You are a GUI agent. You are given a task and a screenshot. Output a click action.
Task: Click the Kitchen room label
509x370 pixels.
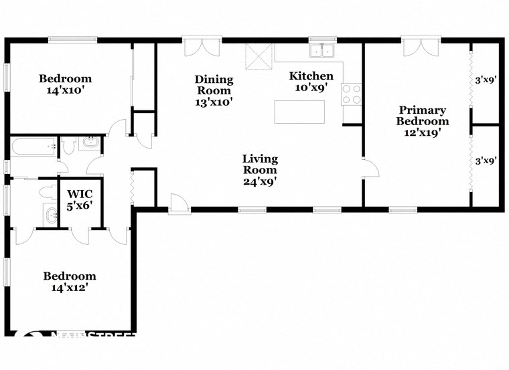(x=311, y=76)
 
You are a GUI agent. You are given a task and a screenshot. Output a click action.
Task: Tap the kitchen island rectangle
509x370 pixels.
(x=299, y=112)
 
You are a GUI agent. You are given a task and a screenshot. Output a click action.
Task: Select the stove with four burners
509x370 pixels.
(x=352, y=94)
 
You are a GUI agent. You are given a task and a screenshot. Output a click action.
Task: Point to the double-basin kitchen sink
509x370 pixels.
(x=323, y=52)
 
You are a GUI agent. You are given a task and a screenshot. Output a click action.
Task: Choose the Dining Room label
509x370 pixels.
(x=214, y=85)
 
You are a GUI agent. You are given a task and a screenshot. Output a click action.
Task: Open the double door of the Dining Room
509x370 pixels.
(x=202, y=49)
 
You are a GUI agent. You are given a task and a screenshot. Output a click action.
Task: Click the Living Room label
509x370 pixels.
(x=260, y=165)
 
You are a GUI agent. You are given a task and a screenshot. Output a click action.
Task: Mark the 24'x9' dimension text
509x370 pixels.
(x=260, y=181)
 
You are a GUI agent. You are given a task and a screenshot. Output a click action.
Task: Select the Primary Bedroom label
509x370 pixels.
(x=422, y=116)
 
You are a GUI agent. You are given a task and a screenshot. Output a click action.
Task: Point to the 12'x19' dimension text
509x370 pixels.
(x=422, y=132)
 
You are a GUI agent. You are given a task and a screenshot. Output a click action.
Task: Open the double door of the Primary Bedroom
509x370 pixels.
(x=421, y=49)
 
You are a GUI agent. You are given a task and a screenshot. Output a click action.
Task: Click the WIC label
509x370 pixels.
(x=80, y=195)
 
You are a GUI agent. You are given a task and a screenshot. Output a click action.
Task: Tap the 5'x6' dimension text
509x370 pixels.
(x=80, y=207)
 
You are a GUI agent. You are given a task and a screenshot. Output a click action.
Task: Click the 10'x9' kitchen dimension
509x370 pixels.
(x=311, y=87)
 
